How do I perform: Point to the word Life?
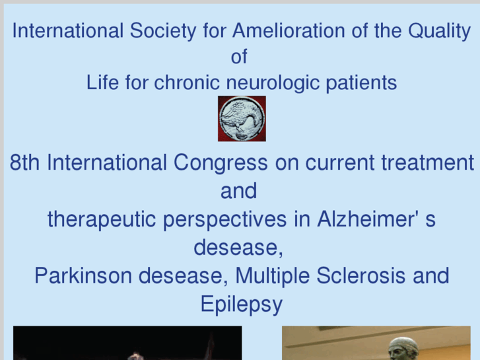pos(101,83)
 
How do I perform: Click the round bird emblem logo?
pos(242,118)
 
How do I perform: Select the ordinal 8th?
pos(25,163)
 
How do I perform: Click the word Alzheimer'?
pos(362,219)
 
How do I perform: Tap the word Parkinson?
pos(80,275)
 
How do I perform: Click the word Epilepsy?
pos(241,305)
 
